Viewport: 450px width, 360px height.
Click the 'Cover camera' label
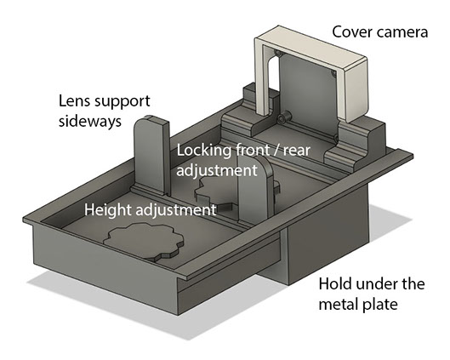point(379,31)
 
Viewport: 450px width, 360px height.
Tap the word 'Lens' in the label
point(74,101)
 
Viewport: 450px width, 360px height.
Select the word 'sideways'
point(90,121)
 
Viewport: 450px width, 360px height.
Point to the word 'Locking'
point(204,150)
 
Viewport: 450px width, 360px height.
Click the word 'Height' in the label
point(108,210)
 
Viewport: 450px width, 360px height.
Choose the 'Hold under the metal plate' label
point(372,294)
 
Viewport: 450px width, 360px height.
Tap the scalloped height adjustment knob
point(144,241)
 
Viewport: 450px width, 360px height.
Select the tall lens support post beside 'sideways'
point(151,155)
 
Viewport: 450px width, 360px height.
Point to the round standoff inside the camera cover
point(284,117)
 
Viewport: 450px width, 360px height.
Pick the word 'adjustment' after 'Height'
point(175,210)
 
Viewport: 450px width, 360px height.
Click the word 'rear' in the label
point(297,150)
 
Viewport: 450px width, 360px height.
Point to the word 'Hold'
point(334,284)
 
